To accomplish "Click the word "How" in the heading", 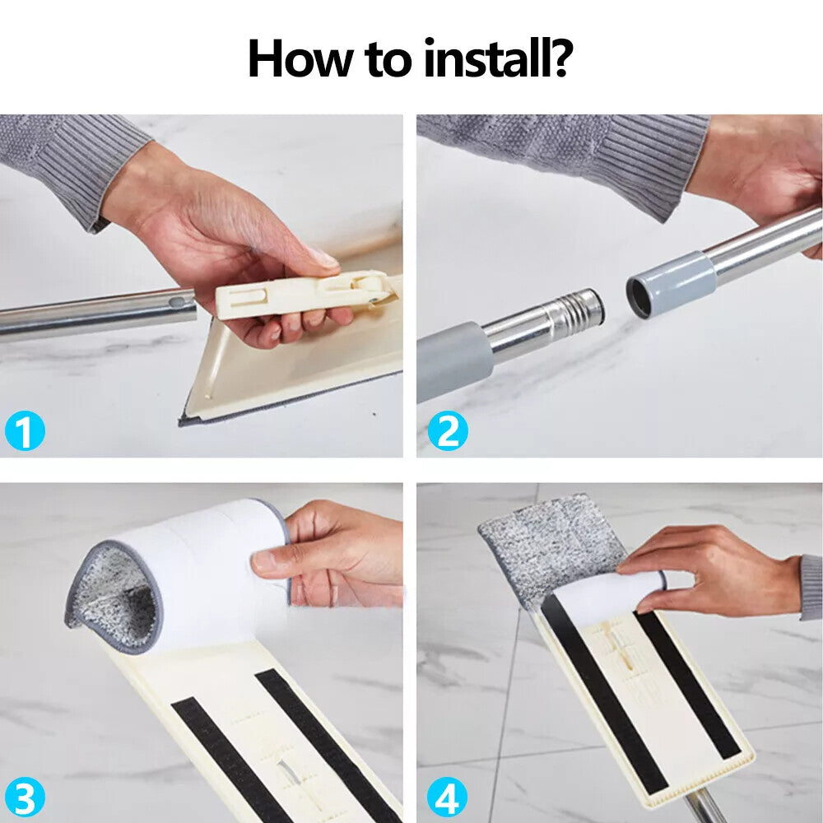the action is click(x=300, y=58).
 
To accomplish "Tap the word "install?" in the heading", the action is click(x=498, y=58).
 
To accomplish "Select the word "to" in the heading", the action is click(x=388, y=59).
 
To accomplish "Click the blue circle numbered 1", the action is click(x=25, y=430).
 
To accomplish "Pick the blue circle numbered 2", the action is click(x=448, y=430).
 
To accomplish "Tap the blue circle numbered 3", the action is click(x=25, y=798).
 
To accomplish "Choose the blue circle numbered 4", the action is click(x=448, y=798).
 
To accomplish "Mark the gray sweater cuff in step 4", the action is click(x=811, y=588).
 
